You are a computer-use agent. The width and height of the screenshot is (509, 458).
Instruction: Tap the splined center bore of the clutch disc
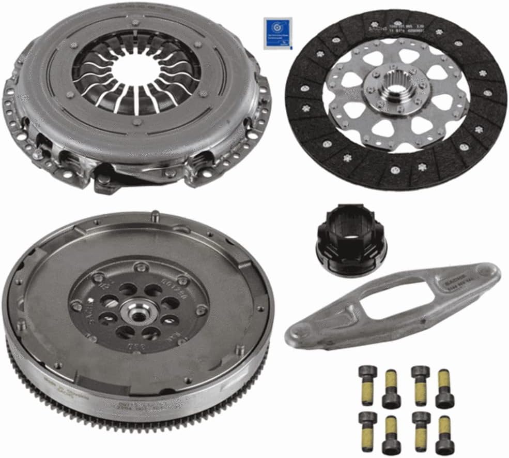396,95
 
